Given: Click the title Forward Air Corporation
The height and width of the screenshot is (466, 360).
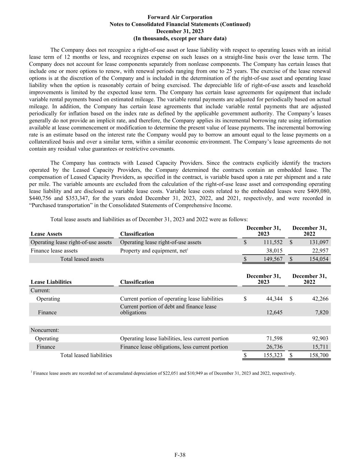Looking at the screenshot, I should point(180,17).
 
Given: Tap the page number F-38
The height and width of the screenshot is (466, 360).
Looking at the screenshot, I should point(180,455).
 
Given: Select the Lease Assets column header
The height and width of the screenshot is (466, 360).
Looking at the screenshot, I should point(46,234).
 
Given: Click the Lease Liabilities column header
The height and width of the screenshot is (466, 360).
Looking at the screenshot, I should point(51,282).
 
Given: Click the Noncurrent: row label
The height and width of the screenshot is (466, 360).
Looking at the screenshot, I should point(45,330).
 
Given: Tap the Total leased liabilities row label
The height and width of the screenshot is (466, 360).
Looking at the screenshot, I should point(86,355).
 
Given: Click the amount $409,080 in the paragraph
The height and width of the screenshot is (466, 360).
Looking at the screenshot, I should point(319,191).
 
